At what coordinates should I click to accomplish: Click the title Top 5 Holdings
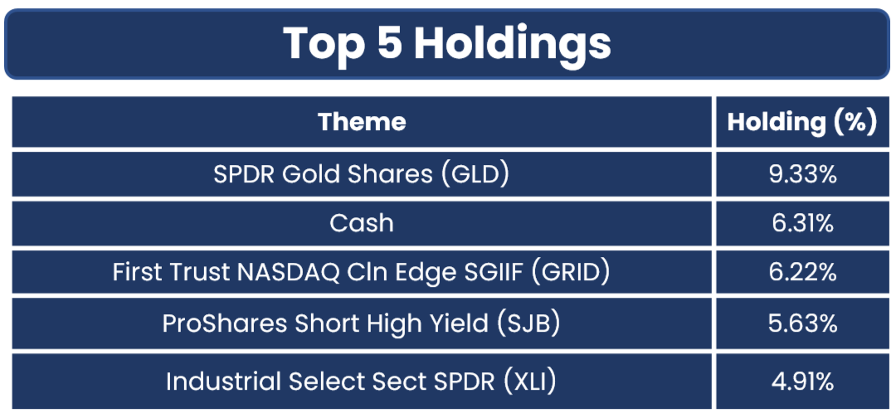(x=447, y=44)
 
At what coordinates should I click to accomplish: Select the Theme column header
(x=362, y=122)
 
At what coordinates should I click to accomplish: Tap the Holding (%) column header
(x=801, y=122)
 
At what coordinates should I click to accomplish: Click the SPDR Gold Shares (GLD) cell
(x=361, y=174)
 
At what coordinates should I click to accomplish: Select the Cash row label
(x=362, y=223)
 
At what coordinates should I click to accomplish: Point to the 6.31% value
(x=801, y=224)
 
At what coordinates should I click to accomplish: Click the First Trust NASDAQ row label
(x=361, y=273)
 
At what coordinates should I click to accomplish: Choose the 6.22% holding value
(x=801, y=273)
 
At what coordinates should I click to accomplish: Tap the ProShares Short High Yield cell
(x=361, y=323)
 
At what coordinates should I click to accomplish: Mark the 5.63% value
(x=801, y=323)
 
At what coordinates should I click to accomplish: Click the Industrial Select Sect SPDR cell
(x=361, y=382)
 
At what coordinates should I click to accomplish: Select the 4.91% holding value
(x=801, y=382)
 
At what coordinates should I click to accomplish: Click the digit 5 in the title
(x=388, y=44)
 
